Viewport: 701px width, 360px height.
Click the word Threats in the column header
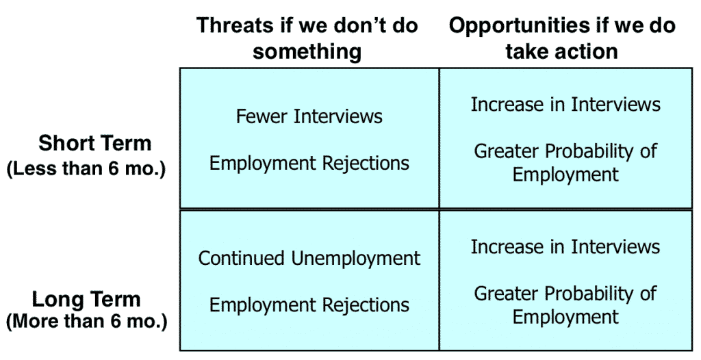pos(235,25)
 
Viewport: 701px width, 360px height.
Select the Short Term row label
pos(94,143)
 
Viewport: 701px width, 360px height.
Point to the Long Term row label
pos(86,298)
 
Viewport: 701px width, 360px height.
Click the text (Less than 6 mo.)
pos(86,169)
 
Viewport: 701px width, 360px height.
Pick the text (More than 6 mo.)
pos(86,322)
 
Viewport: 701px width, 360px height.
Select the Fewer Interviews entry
pos(309,116)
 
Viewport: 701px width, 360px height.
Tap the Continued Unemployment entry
pos(309,259)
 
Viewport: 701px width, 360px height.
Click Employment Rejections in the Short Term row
pos(309,163)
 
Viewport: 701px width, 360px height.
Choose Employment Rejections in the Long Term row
pos(309,305)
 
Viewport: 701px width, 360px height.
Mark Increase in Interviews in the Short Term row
pos(565,104)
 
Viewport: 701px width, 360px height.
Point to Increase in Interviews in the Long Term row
pos(565,246)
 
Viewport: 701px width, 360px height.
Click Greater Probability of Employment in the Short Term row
pos(565,162)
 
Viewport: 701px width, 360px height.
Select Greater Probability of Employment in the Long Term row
pos(565,305)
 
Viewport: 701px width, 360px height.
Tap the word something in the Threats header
pos(307,52)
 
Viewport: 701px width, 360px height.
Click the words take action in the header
pos(561,51)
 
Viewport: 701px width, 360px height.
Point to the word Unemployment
pos(356,259)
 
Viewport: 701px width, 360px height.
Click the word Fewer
pos(262,116)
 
